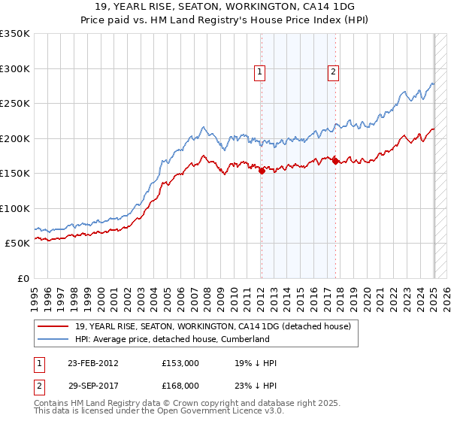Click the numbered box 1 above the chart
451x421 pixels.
(259, 72)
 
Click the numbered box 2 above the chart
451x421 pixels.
(333, 72)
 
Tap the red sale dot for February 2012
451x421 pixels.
(262, 171)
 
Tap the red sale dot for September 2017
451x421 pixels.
(335, 160)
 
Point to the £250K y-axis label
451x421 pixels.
(15, 103)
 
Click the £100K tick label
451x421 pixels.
(15, 208)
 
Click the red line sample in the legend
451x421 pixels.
(53, 326)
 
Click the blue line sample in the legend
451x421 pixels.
(53, 339)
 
